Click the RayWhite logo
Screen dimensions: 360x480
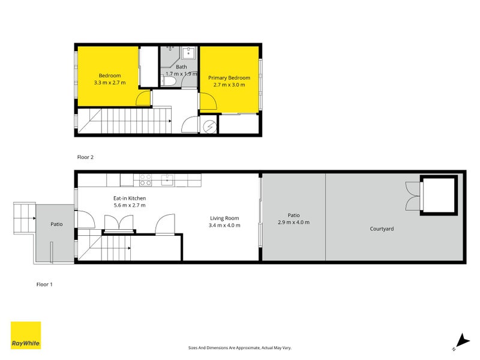click(26, 335)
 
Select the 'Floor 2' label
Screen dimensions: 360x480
click(85, 157)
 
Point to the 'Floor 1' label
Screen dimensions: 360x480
click(44, 284)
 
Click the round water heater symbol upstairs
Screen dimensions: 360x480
click(209, 127)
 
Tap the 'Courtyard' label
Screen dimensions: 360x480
click(382, 229)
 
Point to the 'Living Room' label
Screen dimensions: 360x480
click(224, 218)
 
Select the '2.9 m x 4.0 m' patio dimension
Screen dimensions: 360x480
click(293, 223)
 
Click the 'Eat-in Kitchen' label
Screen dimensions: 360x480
click(130, 198)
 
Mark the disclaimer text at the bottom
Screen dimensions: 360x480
click(239, 348)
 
